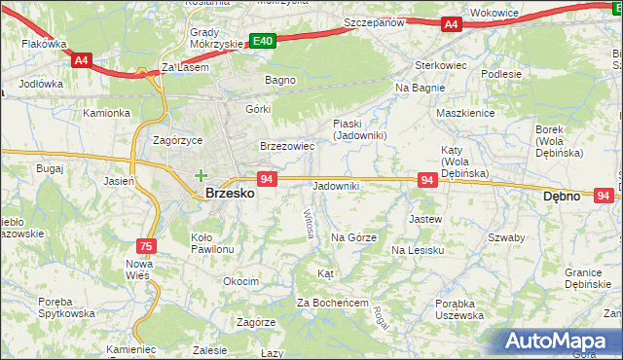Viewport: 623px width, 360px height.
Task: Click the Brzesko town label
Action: (x=231, y=194)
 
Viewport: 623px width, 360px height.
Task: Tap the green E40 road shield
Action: (x=262, y=41)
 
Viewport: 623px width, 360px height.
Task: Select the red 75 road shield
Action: (x=145, y=247)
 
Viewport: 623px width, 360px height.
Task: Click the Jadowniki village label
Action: (x=336, y=186)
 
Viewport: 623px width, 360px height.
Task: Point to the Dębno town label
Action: (x=561, y=196)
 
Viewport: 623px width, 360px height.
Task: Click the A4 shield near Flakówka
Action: (x=81, y=59)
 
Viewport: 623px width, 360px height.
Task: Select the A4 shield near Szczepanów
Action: (x=450, y=24)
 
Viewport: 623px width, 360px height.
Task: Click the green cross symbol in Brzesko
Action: (x=201, y=176)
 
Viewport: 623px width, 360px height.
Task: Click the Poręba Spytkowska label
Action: (x=66, y=306)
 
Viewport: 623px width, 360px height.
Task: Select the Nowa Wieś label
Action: (x=138, y=270)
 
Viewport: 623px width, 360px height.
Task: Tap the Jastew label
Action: (x=425, y=220)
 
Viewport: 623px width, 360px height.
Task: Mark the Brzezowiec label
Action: (x=287, y=146)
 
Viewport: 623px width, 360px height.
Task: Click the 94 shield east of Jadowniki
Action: (x=426, y=180)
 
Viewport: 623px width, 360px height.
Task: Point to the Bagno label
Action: (x=279, y=80)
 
